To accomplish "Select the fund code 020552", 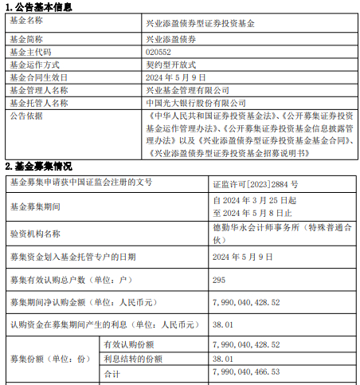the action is click(158, 51).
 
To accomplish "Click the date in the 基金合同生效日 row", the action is click(176, 77).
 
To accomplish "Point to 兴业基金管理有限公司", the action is click(188, 91).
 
